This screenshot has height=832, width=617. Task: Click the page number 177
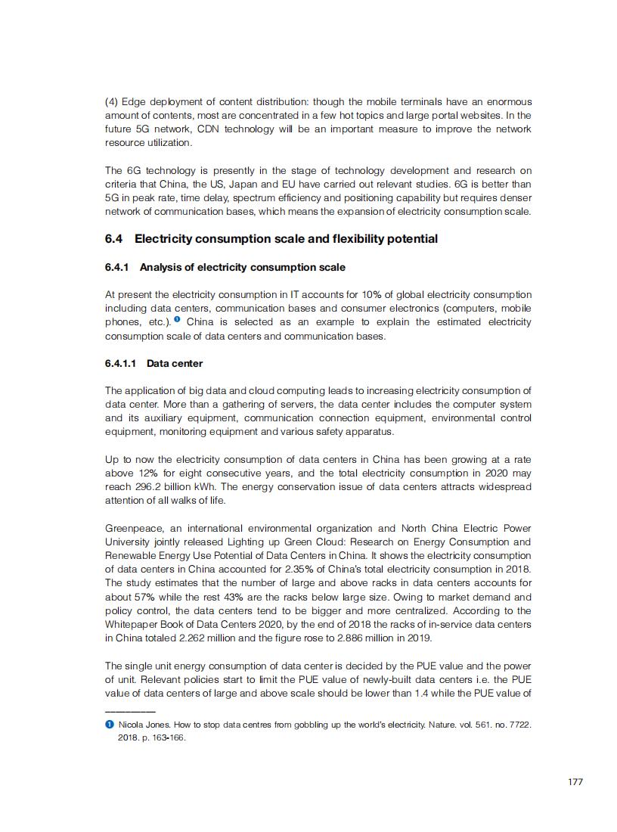pyautogui.click(x=575, y=782)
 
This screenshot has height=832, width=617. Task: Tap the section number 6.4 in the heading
pyautogui.click(x=113, y=239)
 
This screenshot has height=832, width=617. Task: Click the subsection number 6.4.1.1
pyautogui.click(x=120, y=363)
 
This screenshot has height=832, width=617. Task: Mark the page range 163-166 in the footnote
pyautogui.click(x=167, y=738)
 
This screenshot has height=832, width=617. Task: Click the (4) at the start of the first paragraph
pyautogui.click(x=112, y=102)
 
